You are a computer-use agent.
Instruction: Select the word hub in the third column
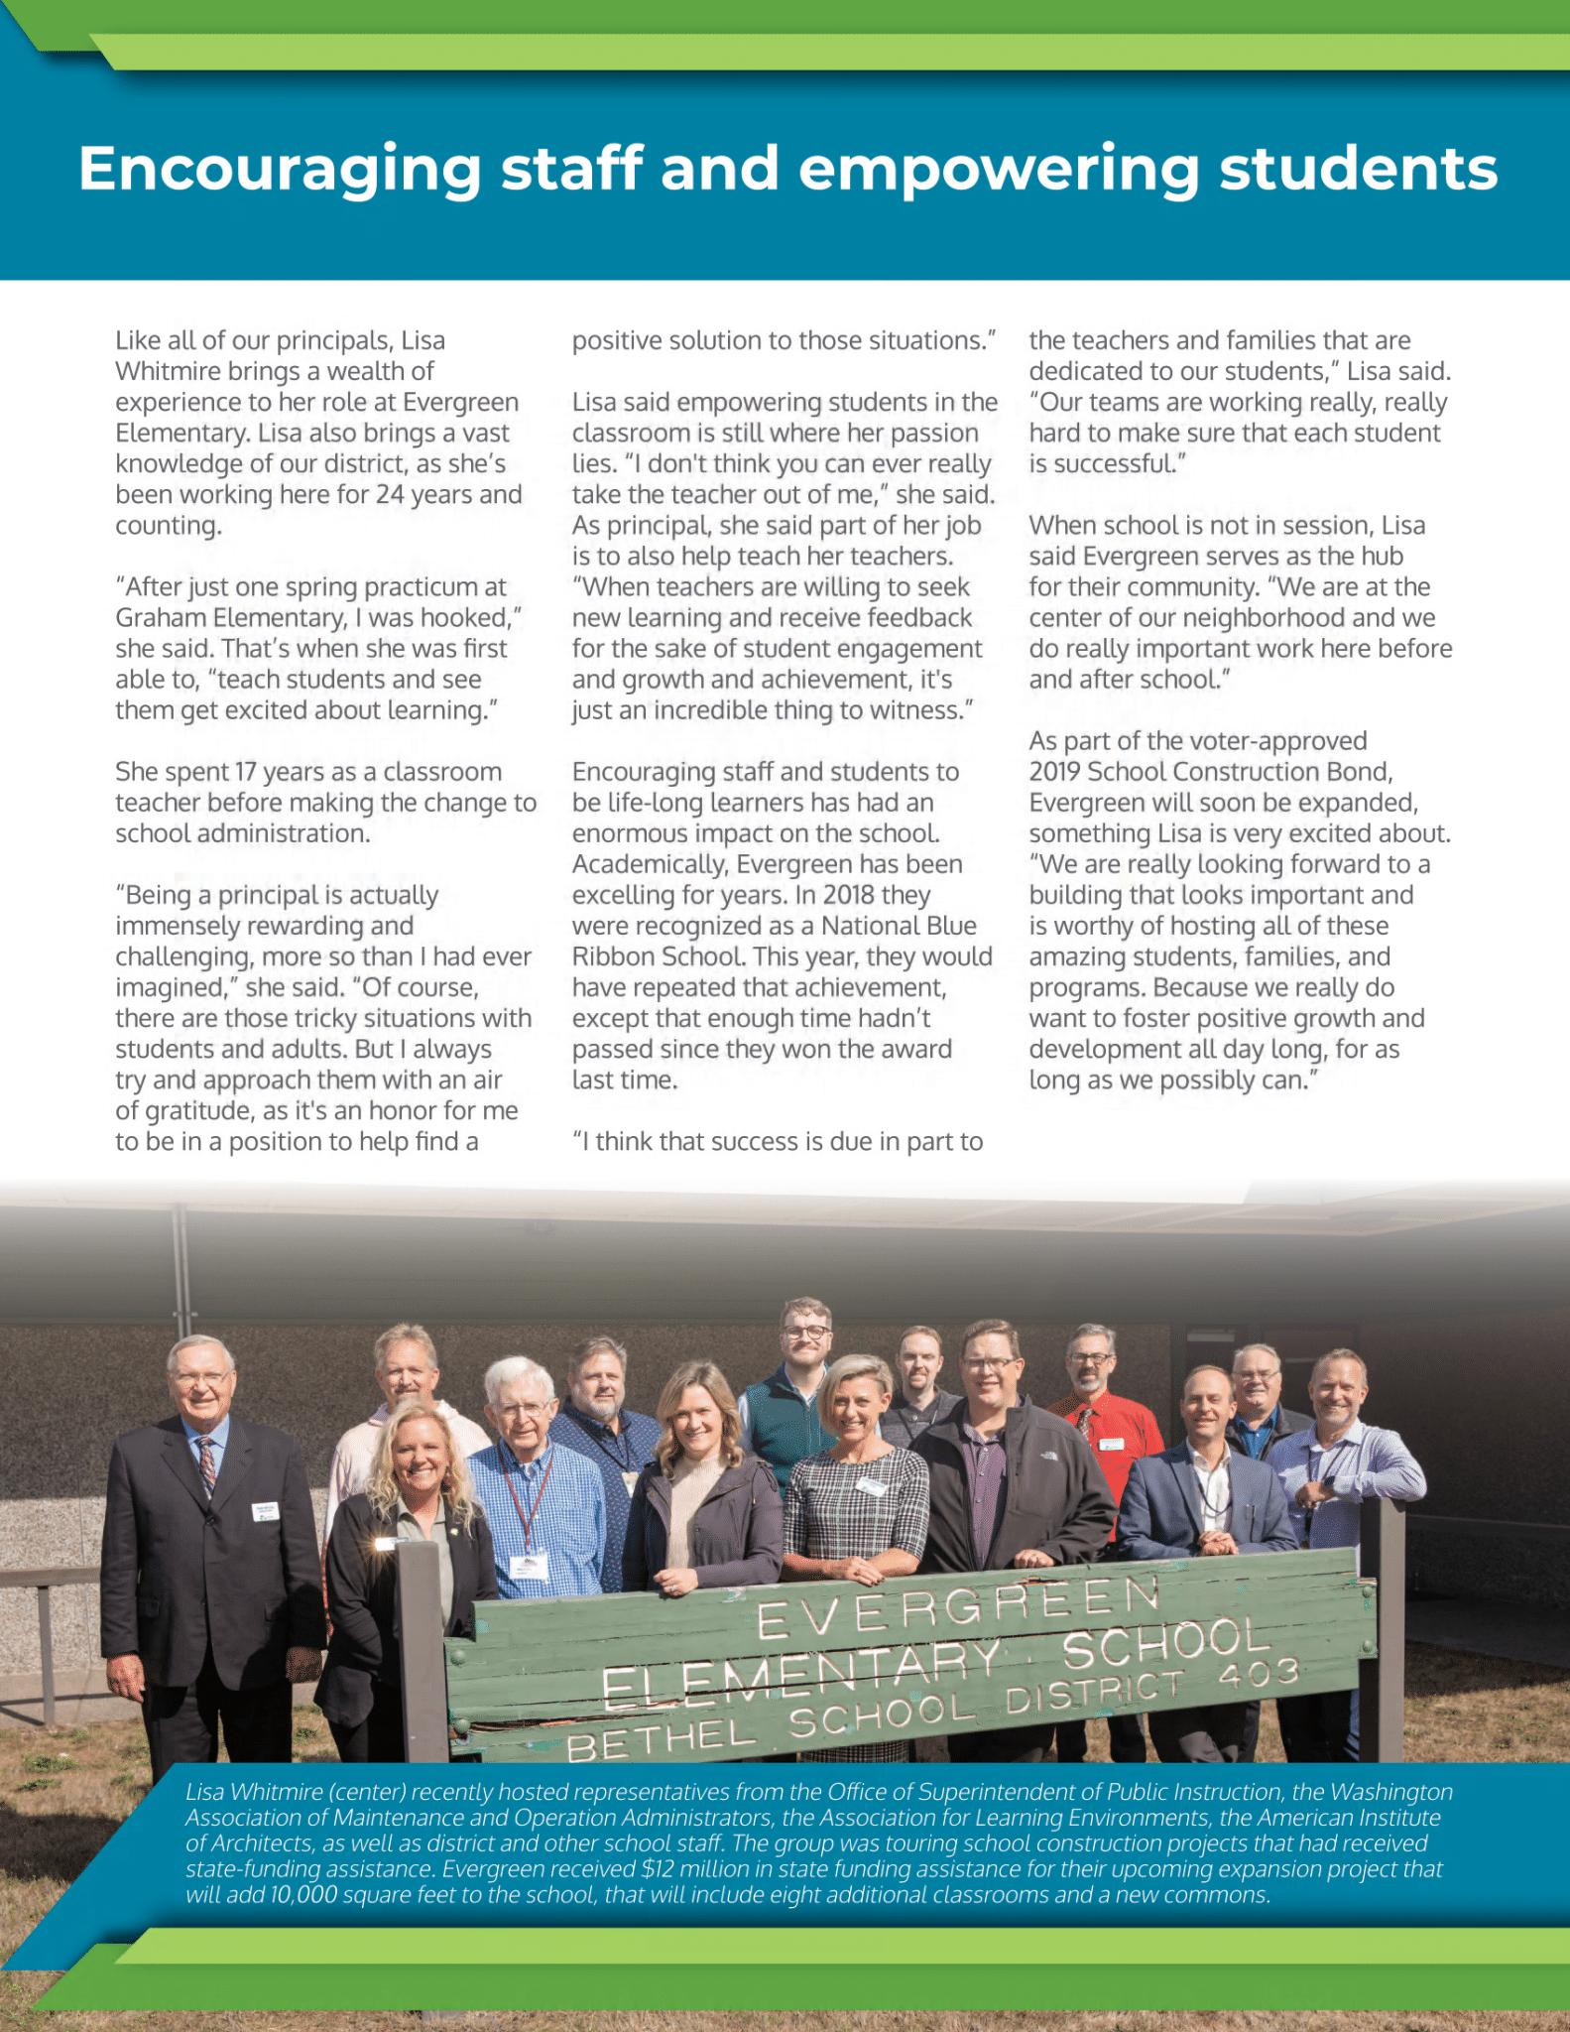[1382, 556]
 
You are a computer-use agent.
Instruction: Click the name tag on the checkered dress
[871, 1485]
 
